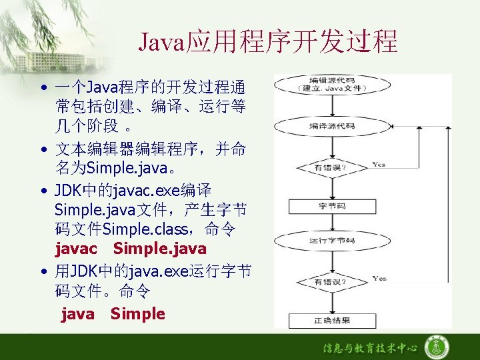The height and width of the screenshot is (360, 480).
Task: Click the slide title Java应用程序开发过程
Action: (267, 41)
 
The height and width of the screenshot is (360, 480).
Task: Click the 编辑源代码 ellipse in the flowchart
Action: (331, 85)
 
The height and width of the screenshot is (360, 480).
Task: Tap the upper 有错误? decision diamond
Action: (331, 167)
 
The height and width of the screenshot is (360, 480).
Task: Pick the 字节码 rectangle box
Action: (331, 206)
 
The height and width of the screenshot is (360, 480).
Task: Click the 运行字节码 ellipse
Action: (331, 241)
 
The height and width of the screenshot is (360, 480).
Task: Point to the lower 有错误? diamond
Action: (331, 282)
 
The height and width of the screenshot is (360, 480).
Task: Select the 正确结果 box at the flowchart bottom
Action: (331, 321)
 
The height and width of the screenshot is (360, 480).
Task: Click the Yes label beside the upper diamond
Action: (379, 163)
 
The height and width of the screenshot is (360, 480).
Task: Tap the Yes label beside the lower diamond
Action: (379, 278)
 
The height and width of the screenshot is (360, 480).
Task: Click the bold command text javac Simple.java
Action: (131, 249)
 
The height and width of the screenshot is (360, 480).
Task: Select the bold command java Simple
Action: (113, 313)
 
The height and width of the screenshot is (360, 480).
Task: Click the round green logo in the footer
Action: (437, 347)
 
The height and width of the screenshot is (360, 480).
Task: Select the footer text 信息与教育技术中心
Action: (371, 348)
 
